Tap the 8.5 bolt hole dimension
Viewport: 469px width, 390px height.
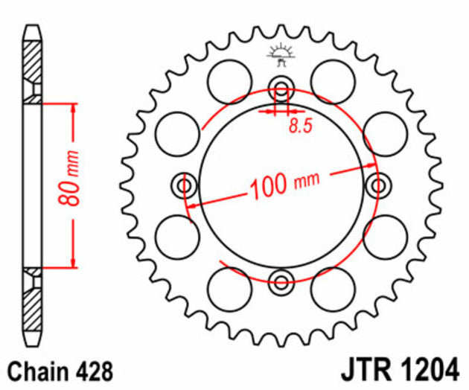(299, 126)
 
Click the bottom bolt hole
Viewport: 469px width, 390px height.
(281, 281)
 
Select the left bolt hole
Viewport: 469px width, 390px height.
(183, 183)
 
